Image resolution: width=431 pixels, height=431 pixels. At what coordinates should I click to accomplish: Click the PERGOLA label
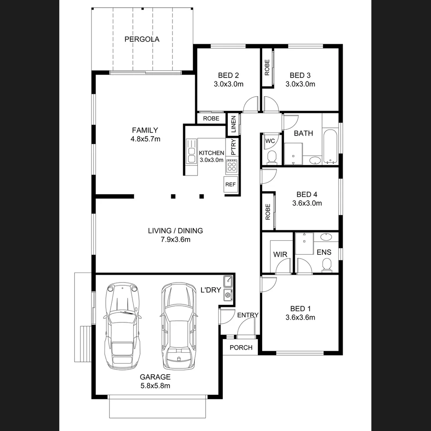point(142,39)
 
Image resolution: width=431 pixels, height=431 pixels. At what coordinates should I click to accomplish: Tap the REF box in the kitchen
point(230,184)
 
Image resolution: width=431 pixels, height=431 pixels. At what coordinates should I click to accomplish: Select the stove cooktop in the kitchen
point(231,165)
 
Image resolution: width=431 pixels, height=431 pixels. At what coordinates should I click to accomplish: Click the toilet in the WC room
point(271,157)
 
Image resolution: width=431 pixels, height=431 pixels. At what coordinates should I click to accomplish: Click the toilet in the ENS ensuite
point(327,265)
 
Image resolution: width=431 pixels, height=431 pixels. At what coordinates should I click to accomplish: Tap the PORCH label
point(241,348)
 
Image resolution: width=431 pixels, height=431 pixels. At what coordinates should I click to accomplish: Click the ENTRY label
point(248,315)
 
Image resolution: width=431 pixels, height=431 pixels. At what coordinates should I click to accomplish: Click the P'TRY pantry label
point(233,146)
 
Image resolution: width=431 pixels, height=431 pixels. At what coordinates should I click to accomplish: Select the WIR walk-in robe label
point(280,255)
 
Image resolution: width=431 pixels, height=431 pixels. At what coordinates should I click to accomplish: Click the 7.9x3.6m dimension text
point(175,239)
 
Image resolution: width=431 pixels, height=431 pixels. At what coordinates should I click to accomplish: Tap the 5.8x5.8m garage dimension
point(155,386)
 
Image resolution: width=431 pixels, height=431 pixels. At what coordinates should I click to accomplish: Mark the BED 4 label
point(306,195)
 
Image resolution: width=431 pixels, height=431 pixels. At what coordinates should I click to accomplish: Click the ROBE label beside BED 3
point(267,67)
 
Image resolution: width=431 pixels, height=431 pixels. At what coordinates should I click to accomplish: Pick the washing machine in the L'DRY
point(228,295)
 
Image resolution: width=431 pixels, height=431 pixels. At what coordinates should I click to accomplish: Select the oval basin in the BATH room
point(315,161)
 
